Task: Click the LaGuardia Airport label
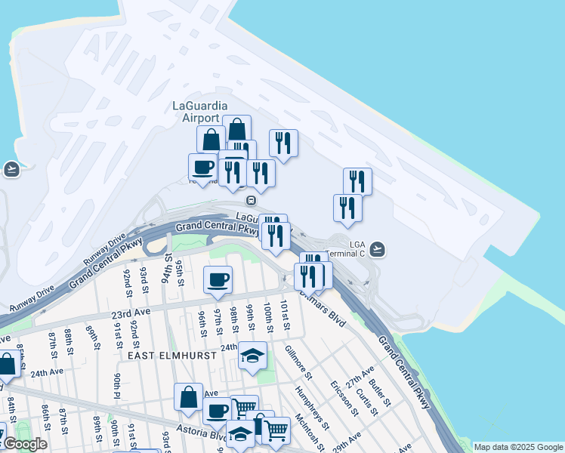pyautogui.click(x=200, y=111)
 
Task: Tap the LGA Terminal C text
pyautogui.click(x=346, y=248)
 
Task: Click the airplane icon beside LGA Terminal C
pyautogui.click(x=378, y=248)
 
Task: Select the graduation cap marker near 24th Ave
pyautogui.click(x=252, y=355)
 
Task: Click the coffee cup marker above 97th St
pyautogui.click(x=218, y=280)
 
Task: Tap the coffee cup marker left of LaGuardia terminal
pyautogui.click(x=202, y=167)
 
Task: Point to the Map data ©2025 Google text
pyautogui.click(x=518, y=447)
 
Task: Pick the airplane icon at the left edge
pyautogui.click(x=11, y=169)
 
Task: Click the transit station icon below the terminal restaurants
pyautogui.click(x=250, y=200)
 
